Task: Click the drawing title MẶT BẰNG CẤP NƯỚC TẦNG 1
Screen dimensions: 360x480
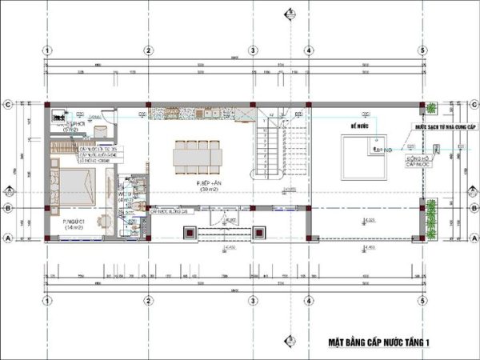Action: (x=378, y=342)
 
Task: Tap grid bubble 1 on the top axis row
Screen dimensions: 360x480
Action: (x=48, y=50)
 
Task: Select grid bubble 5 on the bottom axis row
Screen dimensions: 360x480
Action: (x=422, y=300)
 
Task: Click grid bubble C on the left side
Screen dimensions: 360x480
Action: (x=7, y=104)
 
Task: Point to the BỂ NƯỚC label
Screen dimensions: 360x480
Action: (x=357, y=126)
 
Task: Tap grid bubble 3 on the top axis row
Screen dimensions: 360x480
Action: (x=252, y=50)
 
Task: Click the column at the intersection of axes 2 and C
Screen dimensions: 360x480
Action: (x=148, y=105)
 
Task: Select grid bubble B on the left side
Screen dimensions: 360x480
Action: (x=7, y=209)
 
